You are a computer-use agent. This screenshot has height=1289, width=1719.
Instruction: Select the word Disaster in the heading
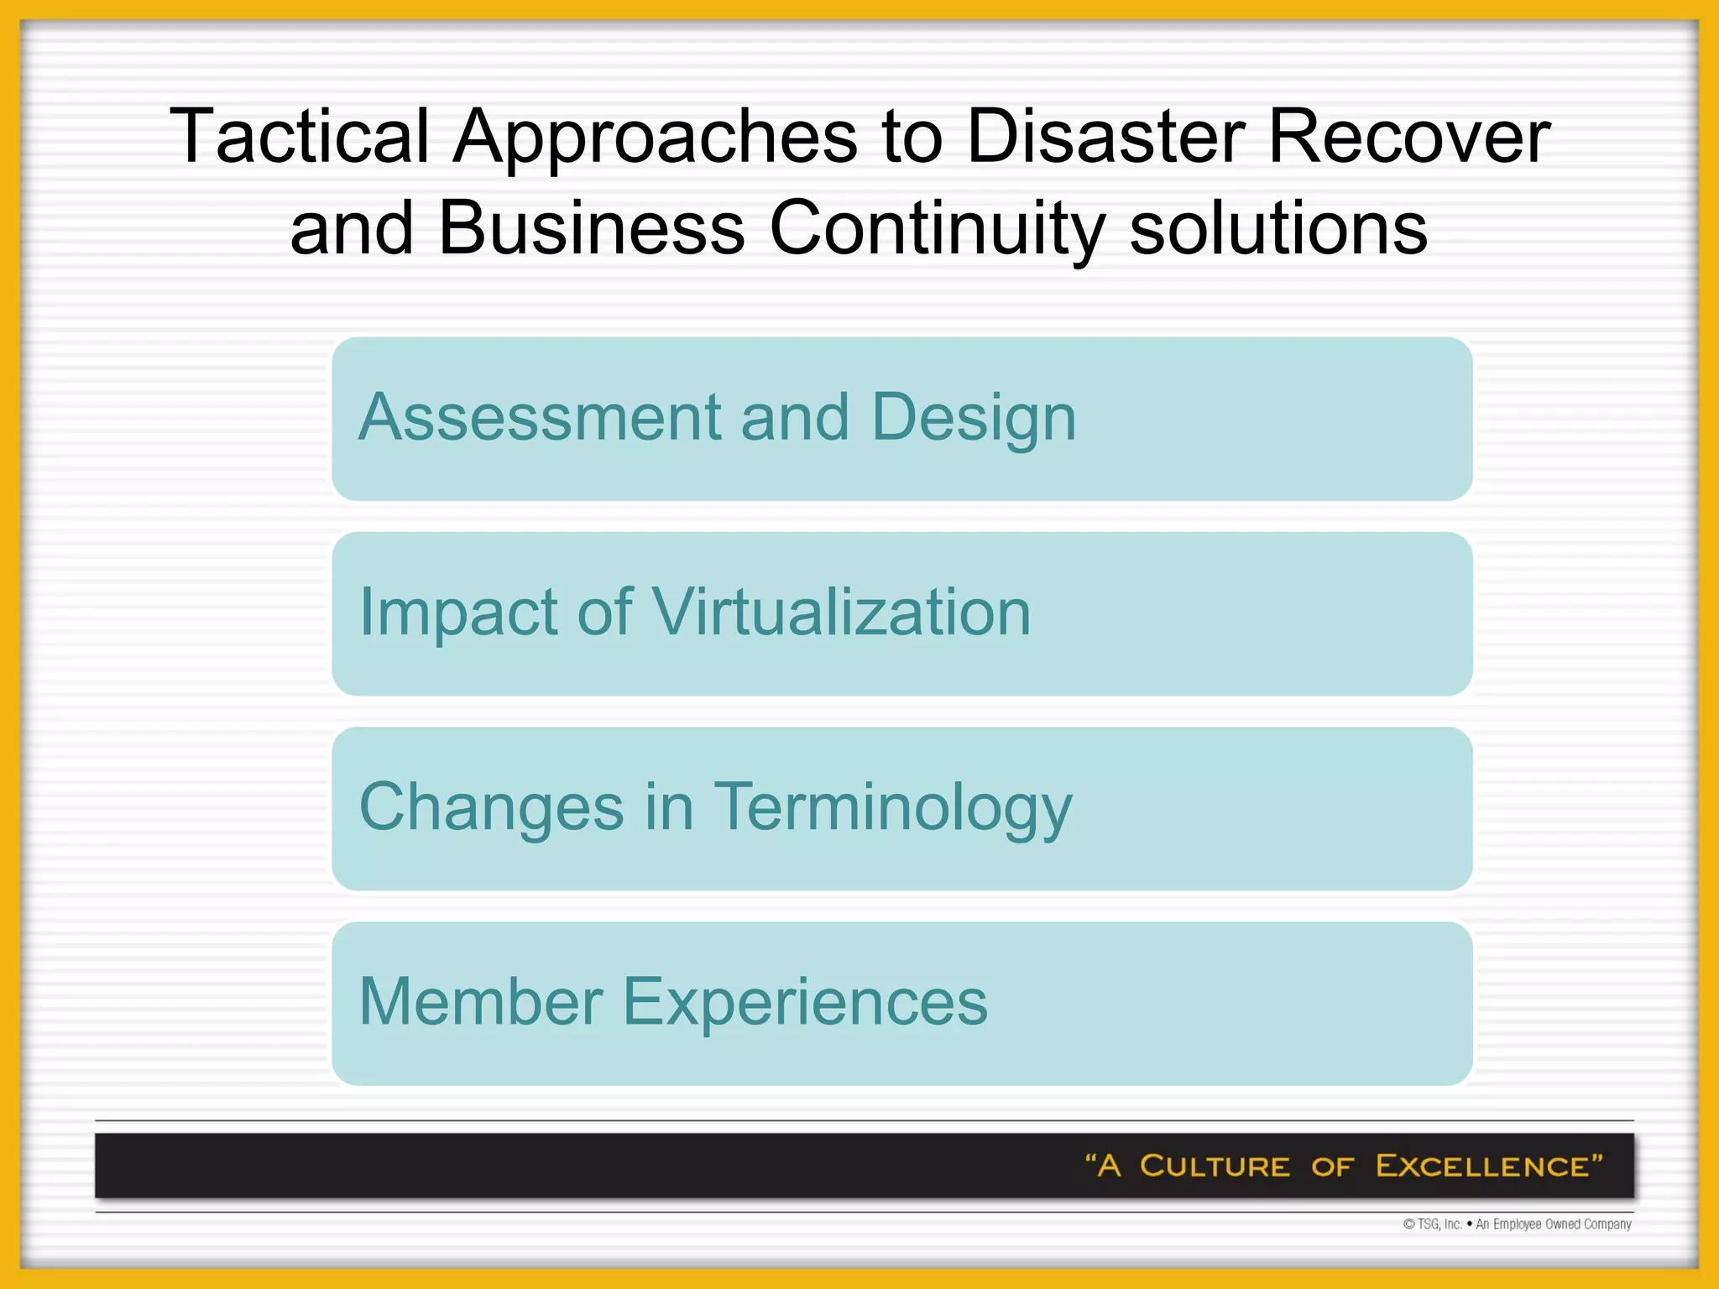pos(1105,136)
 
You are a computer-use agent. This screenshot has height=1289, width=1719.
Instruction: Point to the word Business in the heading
pos(591,228)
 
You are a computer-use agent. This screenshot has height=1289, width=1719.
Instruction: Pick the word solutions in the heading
pos(1277,228)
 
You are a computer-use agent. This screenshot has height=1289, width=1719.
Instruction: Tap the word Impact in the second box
pos(457,612)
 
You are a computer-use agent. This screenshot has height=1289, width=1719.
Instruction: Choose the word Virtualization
pos(841,612)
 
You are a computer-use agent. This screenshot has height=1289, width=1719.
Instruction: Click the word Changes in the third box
pos(491,806)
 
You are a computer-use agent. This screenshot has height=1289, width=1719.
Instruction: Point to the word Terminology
pos(892,806)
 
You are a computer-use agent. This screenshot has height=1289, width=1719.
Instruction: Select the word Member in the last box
pos(481,1001)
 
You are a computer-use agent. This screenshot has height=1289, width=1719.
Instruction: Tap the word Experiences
pos(805,1001)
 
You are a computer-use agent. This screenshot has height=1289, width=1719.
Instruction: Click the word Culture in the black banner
pos(1214,1166)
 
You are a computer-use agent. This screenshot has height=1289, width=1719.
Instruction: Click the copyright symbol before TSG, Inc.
pos(1409,1224)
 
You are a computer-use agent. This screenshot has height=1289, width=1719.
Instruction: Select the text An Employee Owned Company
pos(1554,1224)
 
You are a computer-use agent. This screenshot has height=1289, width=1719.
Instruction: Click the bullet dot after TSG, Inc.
pos(1470,1224)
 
